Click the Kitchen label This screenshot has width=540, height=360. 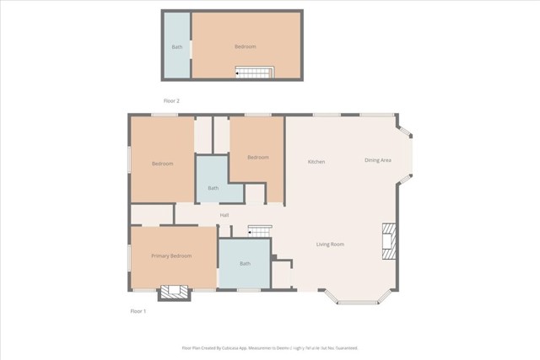(x=316, y=162)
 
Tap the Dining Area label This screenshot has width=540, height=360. (x=377, y=160)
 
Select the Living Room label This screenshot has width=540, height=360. (x=330, y=244)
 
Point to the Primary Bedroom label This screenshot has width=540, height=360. (x=171, y=255)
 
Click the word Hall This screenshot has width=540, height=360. (x=224, y=215)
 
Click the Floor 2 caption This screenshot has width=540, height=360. (x=171, y=100)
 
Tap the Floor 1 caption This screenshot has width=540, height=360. (x=138, y=311)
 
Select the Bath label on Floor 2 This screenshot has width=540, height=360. (x=177, y=46)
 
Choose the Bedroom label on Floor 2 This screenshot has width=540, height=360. (x=245, y=46)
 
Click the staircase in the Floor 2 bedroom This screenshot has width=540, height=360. (x=255, y=73)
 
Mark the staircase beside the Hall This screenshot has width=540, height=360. (x=260, y=230)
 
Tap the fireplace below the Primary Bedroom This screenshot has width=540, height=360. (x=175, y=293)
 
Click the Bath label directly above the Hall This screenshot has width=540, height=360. (x=213, y=189)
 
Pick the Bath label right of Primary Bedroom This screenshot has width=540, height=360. (x=245, y=264)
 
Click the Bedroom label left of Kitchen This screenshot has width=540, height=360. (x=257, y=158)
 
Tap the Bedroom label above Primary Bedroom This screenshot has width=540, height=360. (x=162, y=164)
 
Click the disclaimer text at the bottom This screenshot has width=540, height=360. (x=270, y=347)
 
